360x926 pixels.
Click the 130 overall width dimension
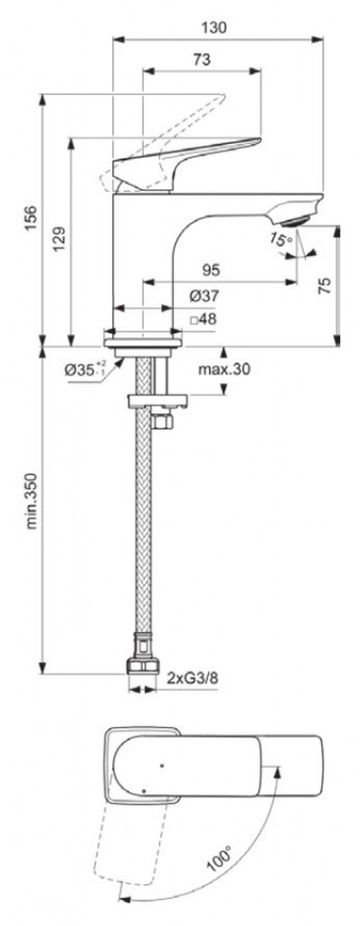click(217, 27)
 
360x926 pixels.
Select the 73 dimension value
click(203, 59)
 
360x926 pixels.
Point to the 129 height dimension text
click(61, 238)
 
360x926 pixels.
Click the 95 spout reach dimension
click(211, 269)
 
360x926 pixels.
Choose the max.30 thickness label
click(224, 370)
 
